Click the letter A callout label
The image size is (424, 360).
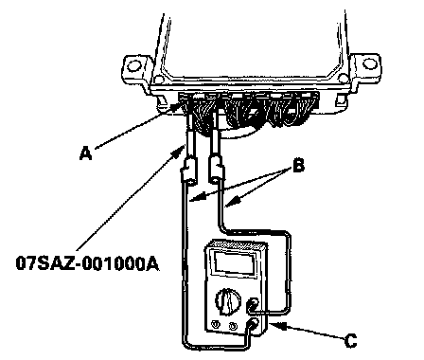[85, 153]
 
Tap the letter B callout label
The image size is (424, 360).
[298, 166]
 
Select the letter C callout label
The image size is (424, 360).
[350, 341]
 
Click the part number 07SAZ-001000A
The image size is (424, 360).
[87, 263]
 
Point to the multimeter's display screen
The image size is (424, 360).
[234, 261]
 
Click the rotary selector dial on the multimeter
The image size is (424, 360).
[228, 299]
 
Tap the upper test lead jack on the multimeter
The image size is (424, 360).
[253, 304]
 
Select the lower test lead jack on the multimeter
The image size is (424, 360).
[254, 324]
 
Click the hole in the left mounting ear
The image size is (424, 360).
[134, 65]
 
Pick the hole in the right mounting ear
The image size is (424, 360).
[370, 64]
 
